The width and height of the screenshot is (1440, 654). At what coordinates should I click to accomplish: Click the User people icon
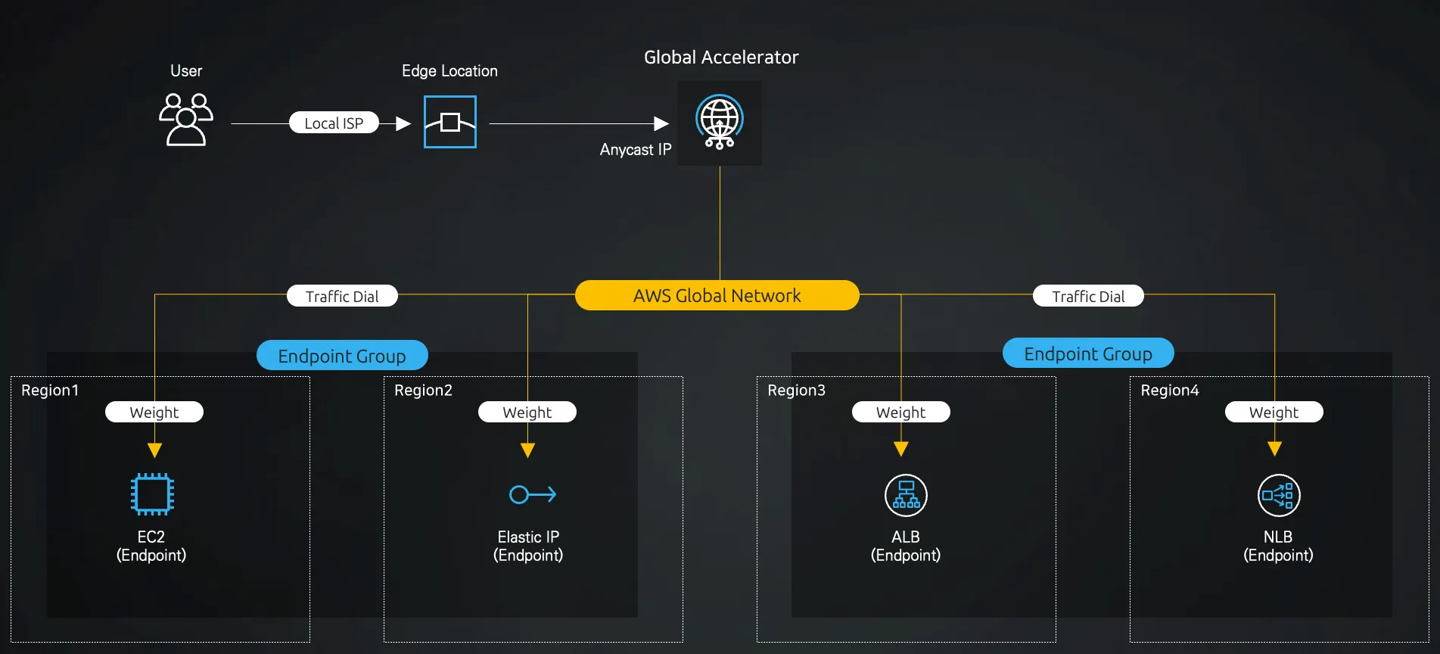[186, 120]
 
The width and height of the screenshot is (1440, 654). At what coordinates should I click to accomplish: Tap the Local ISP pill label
[334, 123]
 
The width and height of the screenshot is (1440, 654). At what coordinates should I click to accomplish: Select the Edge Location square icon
[450, 122]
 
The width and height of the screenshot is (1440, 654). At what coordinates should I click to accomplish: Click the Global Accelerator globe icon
[720, 122]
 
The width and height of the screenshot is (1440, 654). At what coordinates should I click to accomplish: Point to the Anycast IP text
[636, 150]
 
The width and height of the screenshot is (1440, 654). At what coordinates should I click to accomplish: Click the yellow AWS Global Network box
[717, 295]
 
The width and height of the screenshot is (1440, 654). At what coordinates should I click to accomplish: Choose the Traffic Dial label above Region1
[342, 296]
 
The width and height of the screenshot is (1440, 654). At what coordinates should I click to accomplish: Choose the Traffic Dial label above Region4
[1088, 296]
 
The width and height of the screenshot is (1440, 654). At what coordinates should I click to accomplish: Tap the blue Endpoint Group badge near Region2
[342, 356]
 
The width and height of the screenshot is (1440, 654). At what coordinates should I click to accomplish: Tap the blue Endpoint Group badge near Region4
[1088, 353]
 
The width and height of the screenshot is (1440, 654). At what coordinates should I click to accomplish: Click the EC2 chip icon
[152, 494]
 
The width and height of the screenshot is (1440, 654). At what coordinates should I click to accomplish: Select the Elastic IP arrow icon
[533, 494]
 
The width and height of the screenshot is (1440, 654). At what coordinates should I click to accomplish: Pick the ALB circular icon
[906, 495]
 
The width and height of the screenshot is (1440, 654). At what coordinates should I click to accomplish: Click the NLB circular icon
[1279, 495]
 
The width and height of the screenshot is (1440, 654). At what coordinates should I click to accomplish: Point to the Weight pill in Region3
[900, 412]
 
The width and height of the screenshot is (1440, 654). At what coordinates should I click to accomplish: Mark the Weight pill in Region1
[154, 412]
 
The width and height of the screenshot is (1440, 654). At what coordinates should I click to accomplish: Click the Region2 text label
[423, 391]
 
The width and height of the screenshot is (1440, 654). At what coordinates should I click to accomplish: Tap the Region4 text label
[1170, 391]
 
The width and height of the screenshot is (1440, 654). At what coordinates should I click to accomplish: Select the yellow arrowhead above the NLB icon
[1274, 449]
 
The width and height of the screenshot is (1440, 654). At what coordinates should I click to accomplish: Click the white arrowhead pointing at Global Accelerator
[661, 123]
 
